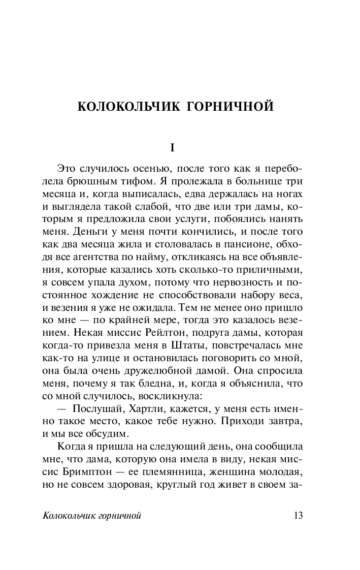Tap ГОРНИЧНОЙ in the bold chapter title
click(232, 107)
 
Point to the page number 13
click(298, 516)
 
